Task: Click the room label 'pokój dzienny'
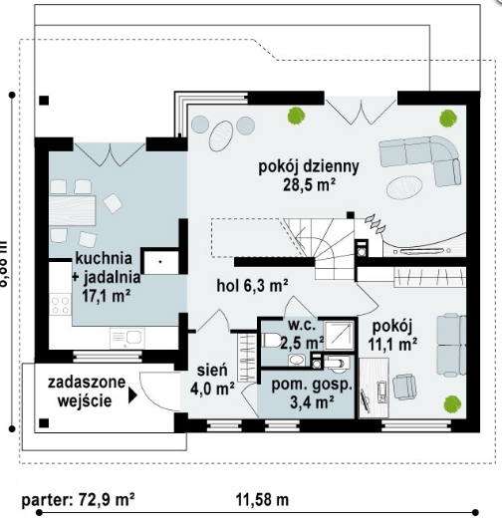click(x=309, y=165)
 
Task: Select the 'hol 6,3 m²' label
click(x=252, y=285)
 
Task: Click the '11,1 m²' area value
click(x=393, y=345)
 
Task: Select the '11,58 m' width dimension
click(x=262, y=496)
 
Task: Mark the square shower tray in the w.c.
click(x=338, y=334)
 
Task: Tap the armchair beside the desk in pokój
click(x=406, y=386)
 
